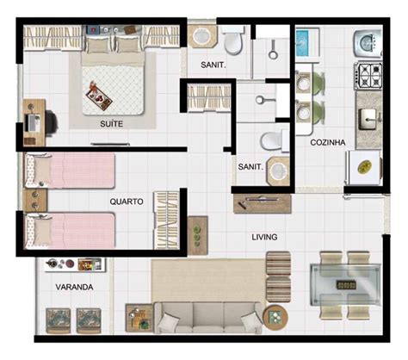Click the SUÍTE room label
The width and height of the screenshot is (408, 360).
pyautogui.click(x=111, y=124)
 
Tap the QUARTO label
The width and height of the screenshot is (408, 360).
pyautogui.click(x=127, y=202)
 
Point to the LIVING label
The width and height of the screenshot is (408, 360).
pyautogui.click(x=263, y=235)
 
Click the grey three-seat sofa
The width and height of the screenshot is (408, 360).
pyautogui.click(x=207, y=318)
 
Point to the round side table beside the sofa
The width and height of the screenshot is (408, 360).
pyautogui.click(x=275, y=316)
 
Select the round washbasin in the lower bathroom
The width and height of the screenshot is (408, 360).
pyautogui.click(x=279, y=171)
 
